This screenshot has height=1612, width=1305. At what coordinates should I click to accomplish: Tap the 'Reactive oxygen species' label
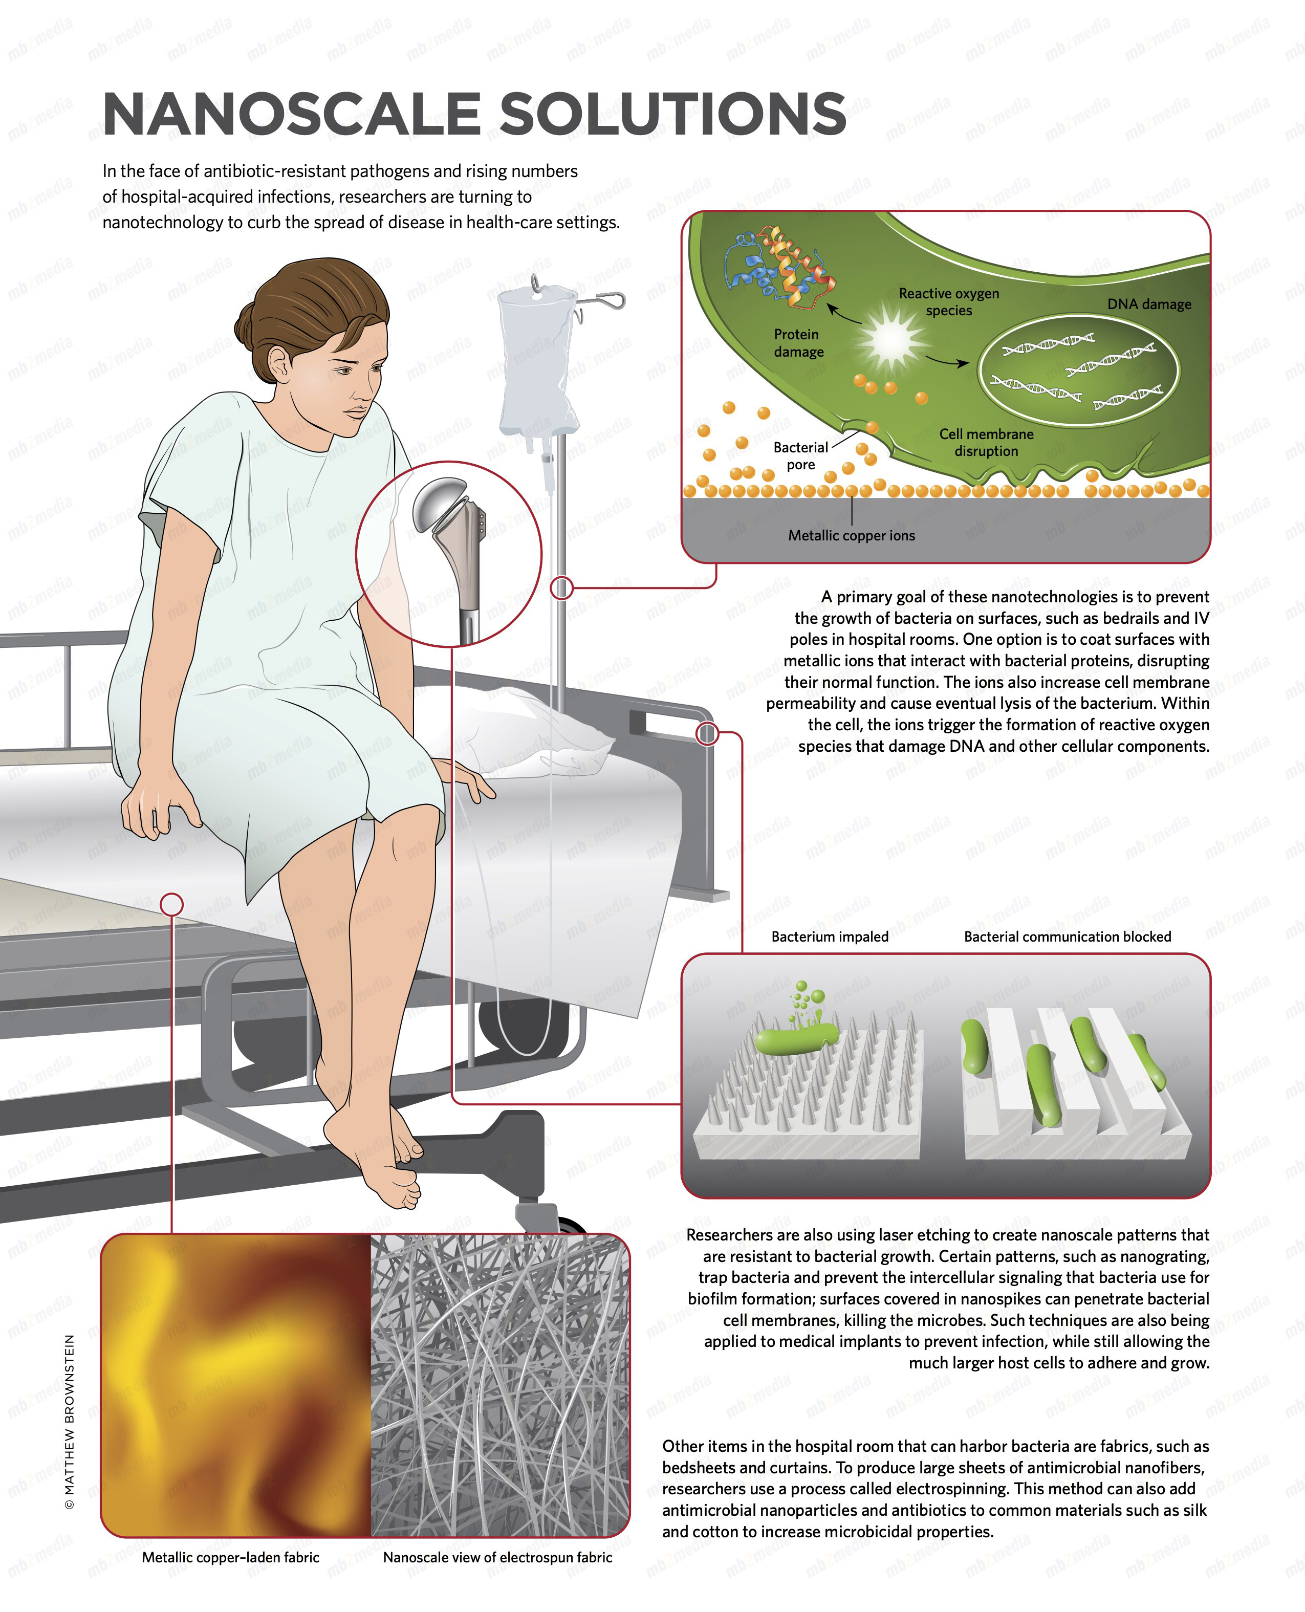[x=949, y=301]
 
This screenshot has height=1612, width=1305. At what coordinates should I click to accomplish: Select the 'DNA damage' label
[x=1149, y=304]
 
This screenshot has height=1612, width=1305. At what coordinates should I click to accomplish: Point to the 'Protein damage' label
[x=798, y=343]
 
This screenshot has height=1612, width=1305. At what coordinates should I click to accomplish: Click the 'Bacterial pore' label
[x=800, y=455]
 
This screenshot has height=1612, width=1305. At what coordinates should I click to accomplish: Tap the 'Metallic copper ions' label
[x=852, y=535]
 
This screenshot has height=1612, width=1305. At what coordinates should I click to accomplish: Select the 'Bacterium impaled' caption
[x=830, y=936]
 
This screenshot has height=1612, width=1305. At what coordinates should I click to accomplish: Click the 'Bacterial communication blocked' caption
[x=1068, y=936]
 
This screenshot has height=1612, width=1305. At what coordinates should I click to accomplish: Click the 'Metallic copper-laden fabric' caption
[x=231, y=1557]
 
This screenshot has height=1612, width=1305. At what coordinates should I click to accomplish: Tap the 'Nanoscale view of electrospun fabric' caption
[x=497, y=1557]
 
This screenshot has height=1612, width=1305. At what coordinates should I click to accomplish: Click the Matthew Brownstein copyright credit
[x=69, y=1421]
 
